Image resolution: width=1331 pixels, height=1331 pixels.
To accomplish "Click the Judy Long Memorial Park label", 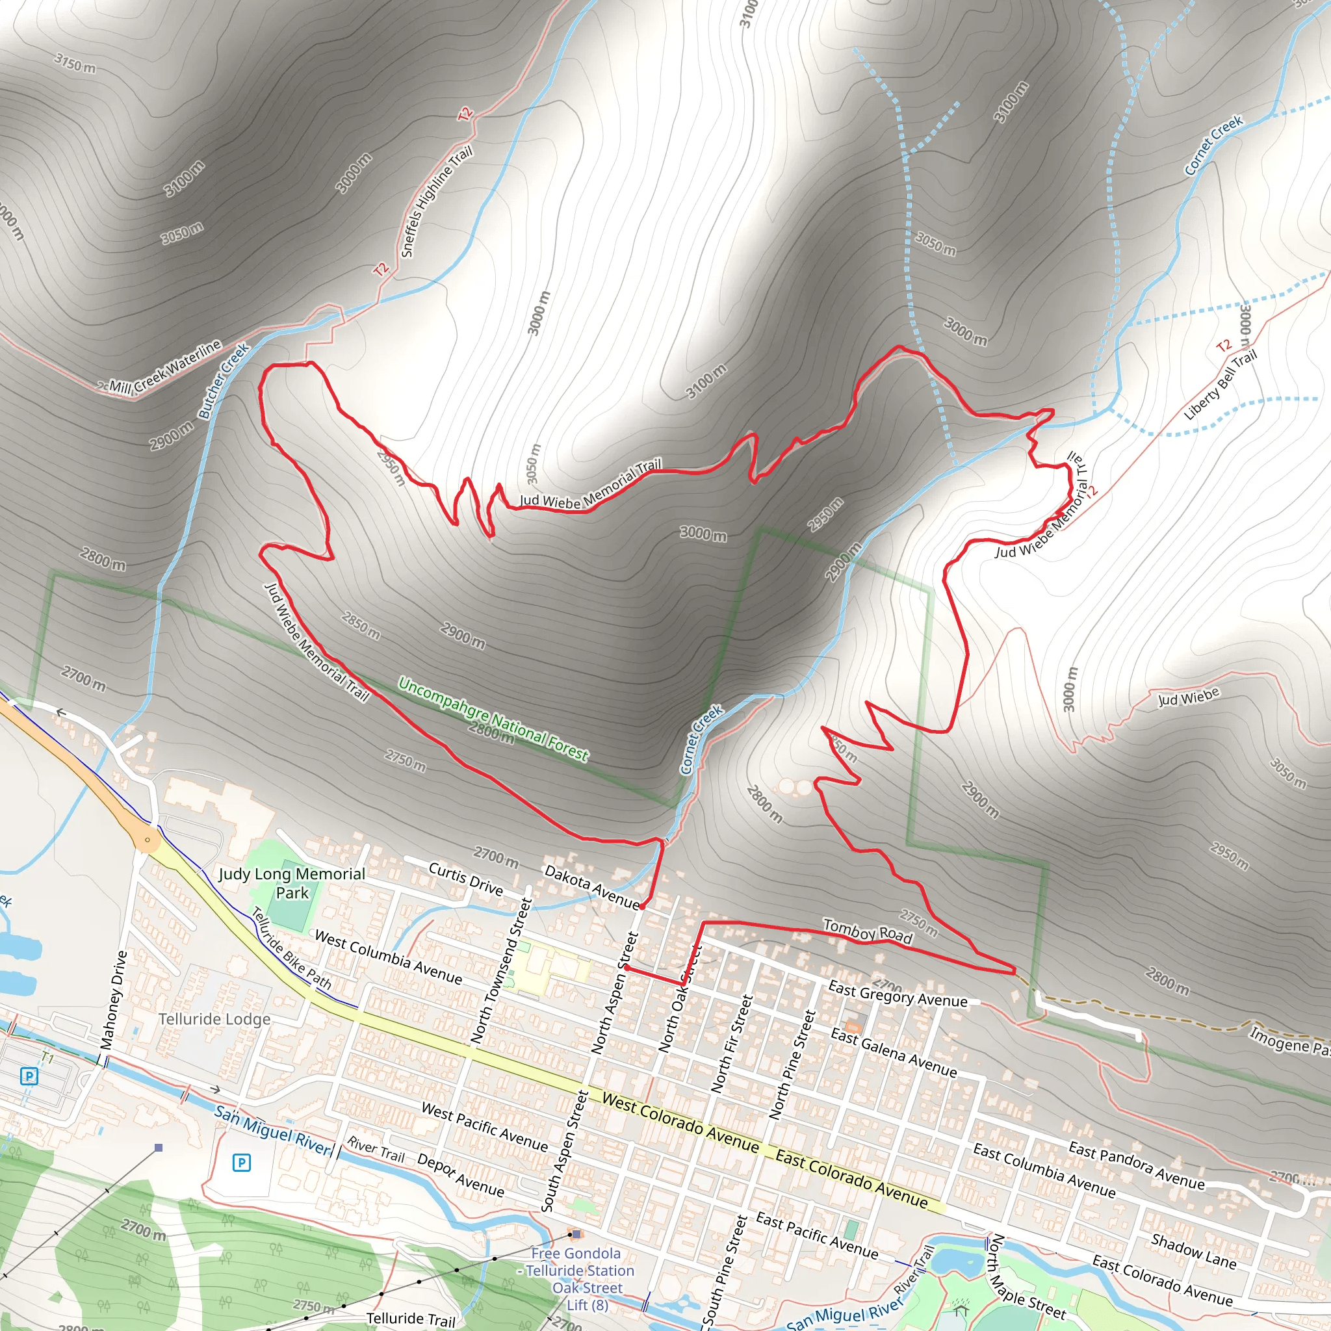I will (x=291, y=883).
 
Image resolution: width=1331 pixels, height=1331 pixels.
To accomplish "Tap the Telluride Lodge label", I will (x=214, y=1019).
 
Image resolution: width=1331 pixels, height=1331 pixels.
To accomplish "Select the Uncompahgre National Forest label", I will (x=493, y=719).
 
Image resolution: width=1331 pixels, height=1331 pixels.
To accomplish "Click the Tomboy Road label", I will (x=868, y=931).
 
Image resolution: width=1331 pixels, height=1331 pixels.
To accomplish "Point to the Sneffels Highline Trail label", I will (x=437, y=201).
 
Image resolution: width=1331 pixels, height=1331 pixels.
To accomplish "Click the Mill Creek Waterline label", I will (x=165, y=367).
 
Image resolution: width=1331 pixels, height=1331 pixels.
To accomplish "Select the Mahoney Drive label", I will (x=114, y=1000).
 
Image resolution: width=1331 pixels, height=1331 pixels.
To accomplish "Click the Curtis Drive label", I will (x=466, y=879).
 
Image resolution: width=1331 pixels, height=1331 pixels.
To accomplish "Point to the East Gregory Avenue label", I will (x=897, y=994).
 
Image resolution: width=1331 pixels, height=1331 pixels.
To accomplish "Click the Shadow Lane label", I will (x=1193, y=1251).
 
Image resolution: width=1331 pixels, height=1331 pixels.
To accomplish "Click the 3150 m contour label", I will (x=75, y=64).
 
